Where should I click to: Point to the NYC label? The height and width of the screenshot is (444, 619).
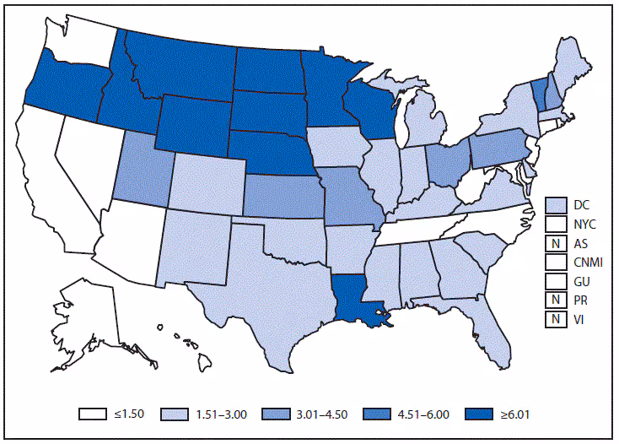[585, 224]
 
